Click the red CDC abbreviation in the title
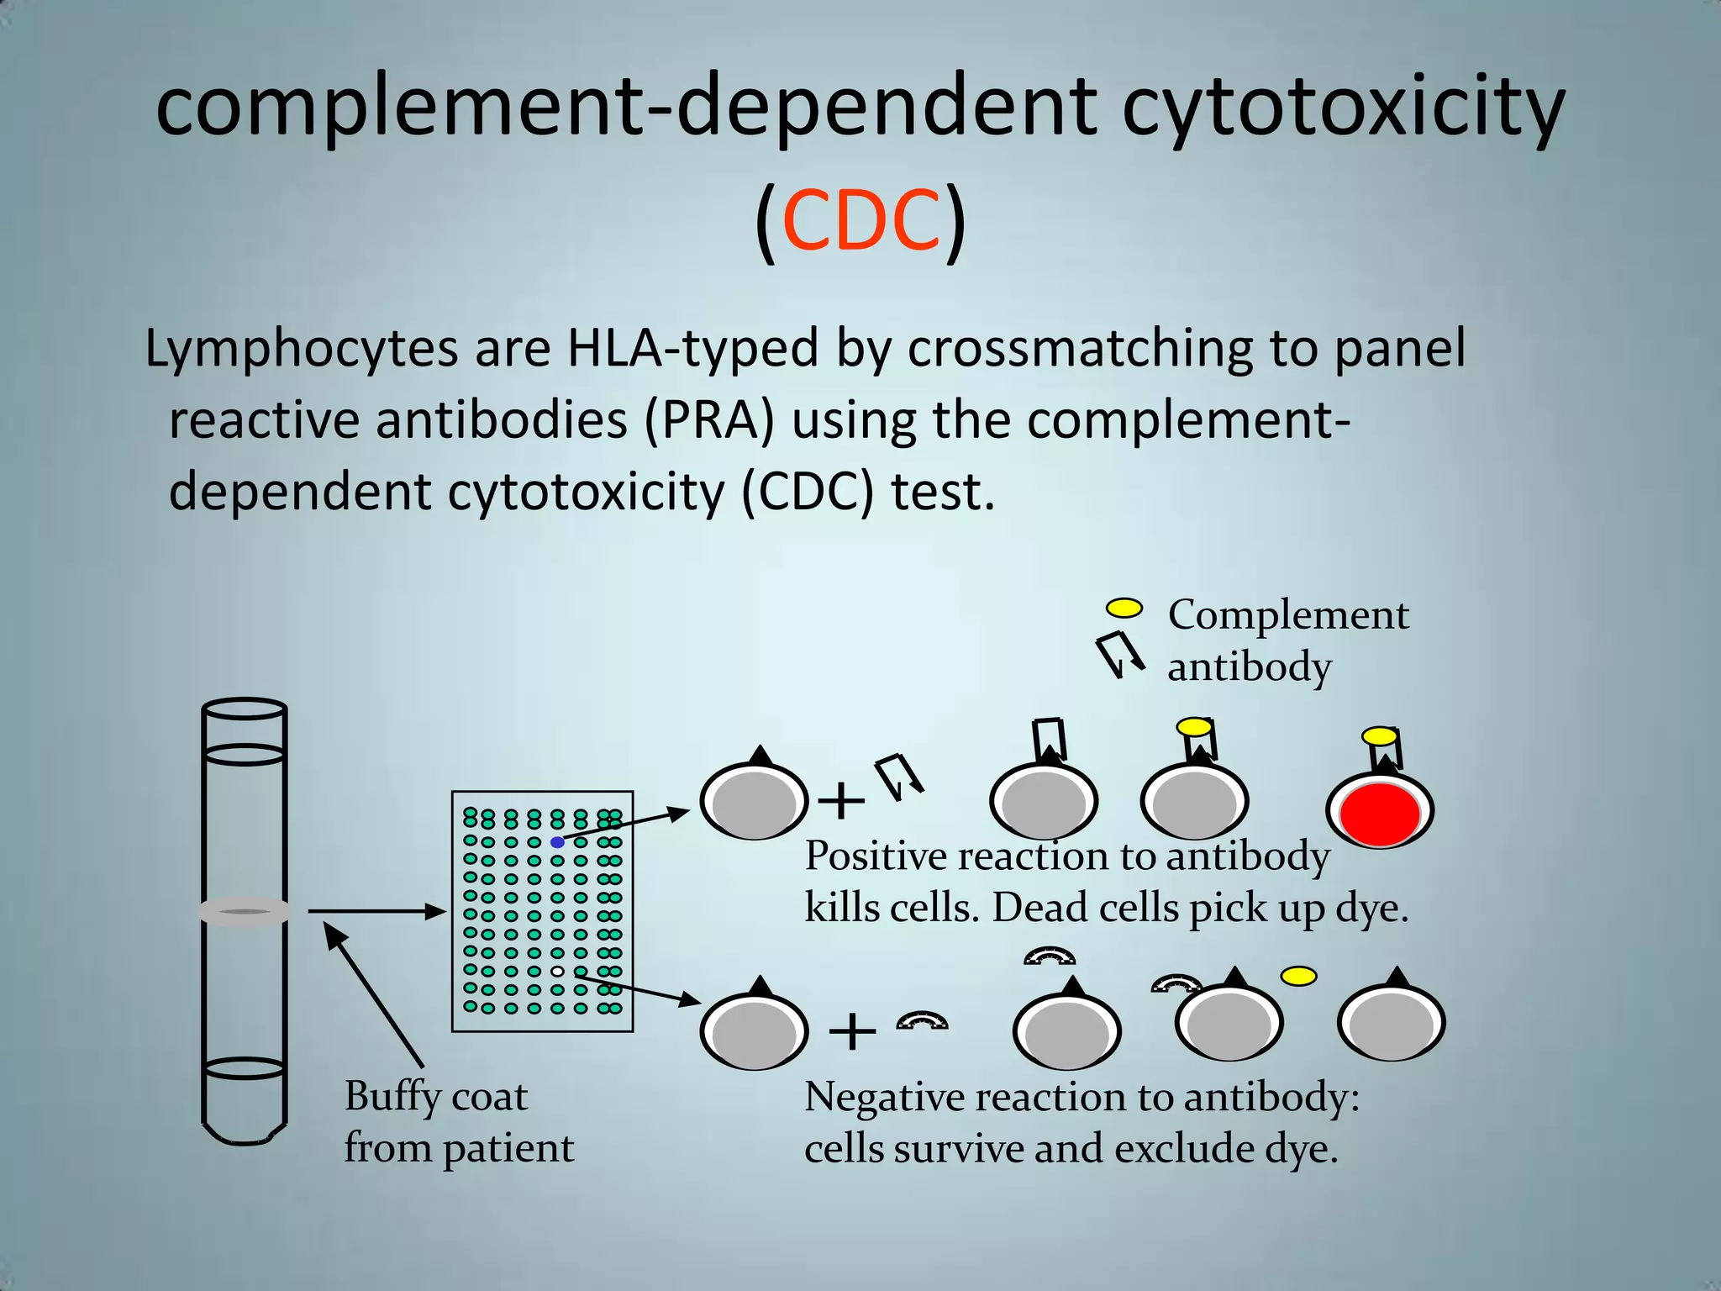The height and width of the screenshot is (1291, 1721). pyautogui.click(x=860, y=220)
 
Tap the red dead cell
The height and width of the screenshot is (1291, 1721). pyautogui.click(x=1379, y=813)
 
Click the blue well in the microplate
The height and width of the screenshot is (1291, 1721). pyautogui.click(x=557, y=842)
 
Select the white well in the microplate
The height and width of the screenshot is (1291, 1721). pyautogui.click(x=557, y=972)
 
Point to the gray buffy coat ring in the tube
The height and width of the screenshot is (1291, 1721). pyautogui.click(x=245, y=912)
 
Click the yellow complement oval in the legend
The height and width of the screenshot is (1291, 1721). pyautogui.click(x=1124, y=609)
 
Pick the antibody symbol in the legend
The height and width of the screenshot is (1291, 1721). pyautogui.click(x=1120, y=654)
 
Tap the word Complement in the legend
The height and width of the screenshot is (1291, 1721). pyautogui.click(x=1287, y=615)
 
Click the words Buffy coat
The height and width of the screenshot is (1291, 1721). pyautogui.click(x=436, y=1097)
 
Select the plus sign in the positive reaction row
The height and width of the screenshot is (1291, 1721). pyautogui.click(x=840, y=800)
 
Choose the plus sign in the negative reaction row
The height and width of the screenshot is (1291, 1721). pyautogui.click(x=852, y=1031)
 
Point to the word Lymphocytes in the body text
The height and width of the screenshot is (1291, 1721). pyautogui.click(x=301, y=349)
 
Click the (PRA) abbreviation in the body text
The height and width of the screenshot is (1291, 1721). pyautogui.click(x=708, y=420)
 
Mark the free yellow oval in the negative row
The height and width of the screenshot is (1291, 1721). pyautogui.click(x=1298, y=977)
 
